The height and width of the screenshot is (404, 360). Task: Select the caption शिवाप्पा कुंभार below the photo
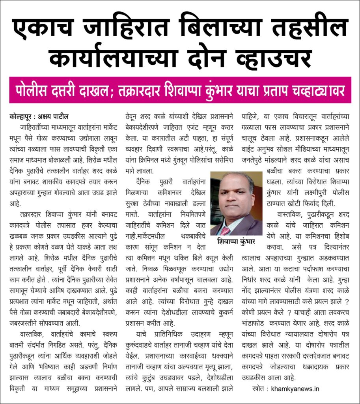(236, 241)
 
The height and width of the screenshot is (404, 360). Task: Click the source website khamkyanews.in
(295, 389)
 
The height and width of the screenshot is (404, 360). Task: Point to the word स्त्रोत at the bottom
(260, 389)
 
